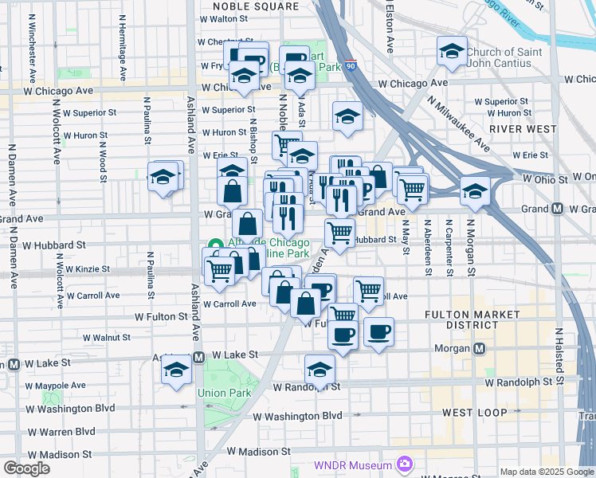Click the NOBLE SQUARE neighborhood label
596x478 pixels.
(256, 6)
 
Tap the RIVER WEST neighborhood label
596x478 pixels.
(523, 128)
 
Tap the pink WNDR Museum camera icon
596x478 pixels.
(405, 464)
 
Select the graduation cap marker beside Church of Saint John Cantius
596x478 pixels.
(452, 52)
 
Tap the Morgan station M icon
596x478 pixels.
(480, 348)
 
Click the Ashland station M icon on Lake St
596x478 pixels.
(198, 356)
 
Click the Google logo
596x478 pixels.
(26, 468)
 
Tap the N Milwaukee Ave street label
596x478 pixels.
(458, 123)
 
